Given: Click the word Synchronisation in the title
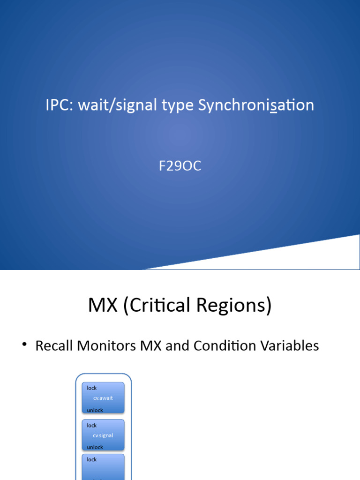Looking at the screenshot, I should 256,105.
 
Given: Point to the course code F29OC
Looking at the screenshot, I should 180,166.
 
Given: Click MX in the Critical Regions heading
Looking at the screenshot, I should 103,306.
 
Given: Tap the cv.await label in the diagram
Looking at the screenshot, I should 103,398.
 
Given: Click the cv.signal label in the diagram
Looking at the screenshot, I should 103,435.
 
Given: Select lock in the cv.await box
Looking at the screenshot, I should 92,388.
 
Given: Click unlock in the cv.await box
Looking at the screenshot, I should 95,410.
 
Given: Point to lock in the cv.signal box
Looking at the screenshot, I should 92,425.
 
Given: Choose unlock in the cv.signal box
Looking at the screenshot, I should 95,447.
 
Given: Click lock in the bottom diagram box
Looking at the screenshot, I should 92,459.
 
